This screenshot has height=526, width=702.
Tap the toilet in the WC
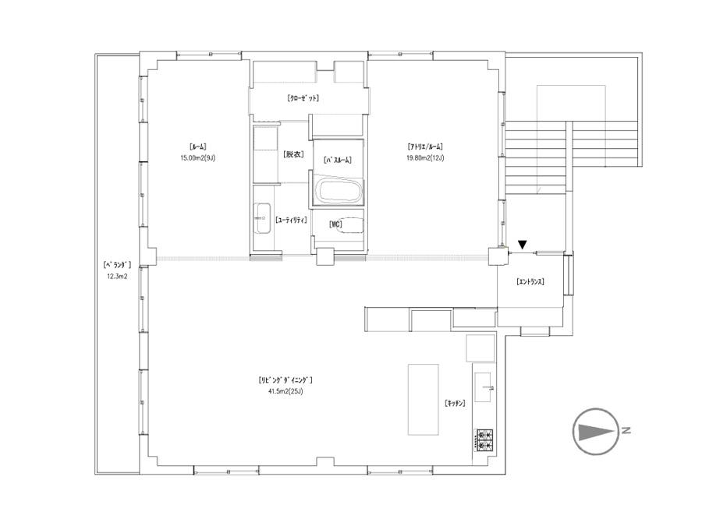tap(353, 226)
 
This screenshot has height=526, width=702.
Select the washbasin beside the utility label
tap(263, 218)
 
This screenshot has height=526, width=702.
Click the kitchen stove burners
tap(484, 440)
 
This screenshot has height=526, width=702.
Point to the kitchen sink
tap(483, 387)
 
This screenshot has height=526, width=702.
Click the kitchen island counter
tap(423, 400)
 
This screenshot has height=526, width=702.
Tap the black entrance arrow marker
tap(523, 245)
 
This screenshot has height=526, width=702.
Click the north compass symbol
tap(596, 432)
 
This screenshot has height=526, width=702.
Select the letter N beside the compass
tap(626, 430)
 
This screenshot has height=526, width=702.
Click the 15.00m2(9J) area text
tap(198, 158)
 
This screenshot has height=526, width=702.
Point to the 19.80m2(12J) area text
tap(425, 158)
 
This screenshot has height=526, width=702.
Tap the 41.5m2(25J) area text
tap(285, 391)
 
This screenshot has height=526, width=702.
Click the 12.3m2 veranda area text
tap(117, 277)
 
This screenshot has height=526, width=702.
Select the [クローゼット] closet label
tap(303, 98)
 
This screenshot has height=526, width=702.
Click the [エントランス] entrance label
tap(530, 282)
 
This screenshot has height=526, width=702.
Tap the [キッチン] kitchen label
tap(455, 404)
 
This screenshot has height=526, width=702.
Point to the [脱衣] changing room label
tap(293, 154)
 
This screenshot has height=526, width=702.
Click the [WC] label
tap(335, 224)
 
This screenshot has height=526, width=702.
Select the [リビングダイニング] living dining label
tap(285, 380)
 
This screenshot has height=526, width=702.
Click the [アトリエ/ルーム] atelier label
tap(425, 147)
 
